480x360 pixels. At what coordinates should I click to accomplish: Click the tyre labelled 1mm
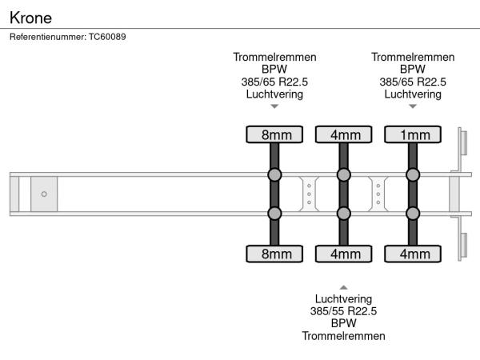414,134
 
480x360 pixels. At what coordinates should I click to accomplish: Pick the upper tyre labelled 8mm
274,134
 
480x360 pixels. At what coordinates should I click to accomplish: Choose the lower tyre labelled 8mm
274,254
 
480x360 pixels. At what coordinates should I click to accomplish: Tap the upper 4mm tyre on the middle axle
344,134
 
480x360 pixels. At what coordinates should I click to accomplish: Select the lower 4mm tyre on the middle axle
344,254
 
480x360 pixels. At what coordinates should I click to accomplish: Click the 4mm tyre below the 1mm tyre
414,254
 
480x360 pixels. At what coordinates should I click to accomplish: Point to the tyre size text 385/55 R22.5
343,311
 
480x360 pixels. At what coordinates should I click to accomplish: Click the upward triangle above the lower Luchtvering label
343,286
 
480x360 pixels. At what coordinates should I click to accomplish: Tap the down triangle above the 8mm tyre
274,106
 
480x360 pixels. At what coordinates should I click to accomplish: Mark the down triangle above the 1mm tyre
413,106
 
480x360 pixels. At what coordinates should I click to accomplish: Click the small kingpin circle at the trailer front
44,194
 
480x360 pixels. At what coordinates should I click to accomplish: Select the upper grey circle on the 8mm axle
274,175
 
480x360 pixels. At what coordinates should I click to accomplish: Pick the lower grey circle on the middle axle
344,213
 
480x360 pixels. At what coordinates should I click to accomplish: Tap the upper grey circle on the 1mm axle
414,175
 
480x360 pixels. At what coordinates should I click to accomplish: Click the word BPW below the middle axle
343,323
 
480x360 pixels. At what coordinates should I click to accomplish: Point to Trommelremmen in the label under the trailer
343,336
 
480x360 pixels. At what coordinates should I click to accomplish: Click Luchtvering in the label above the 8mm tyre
274,94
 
